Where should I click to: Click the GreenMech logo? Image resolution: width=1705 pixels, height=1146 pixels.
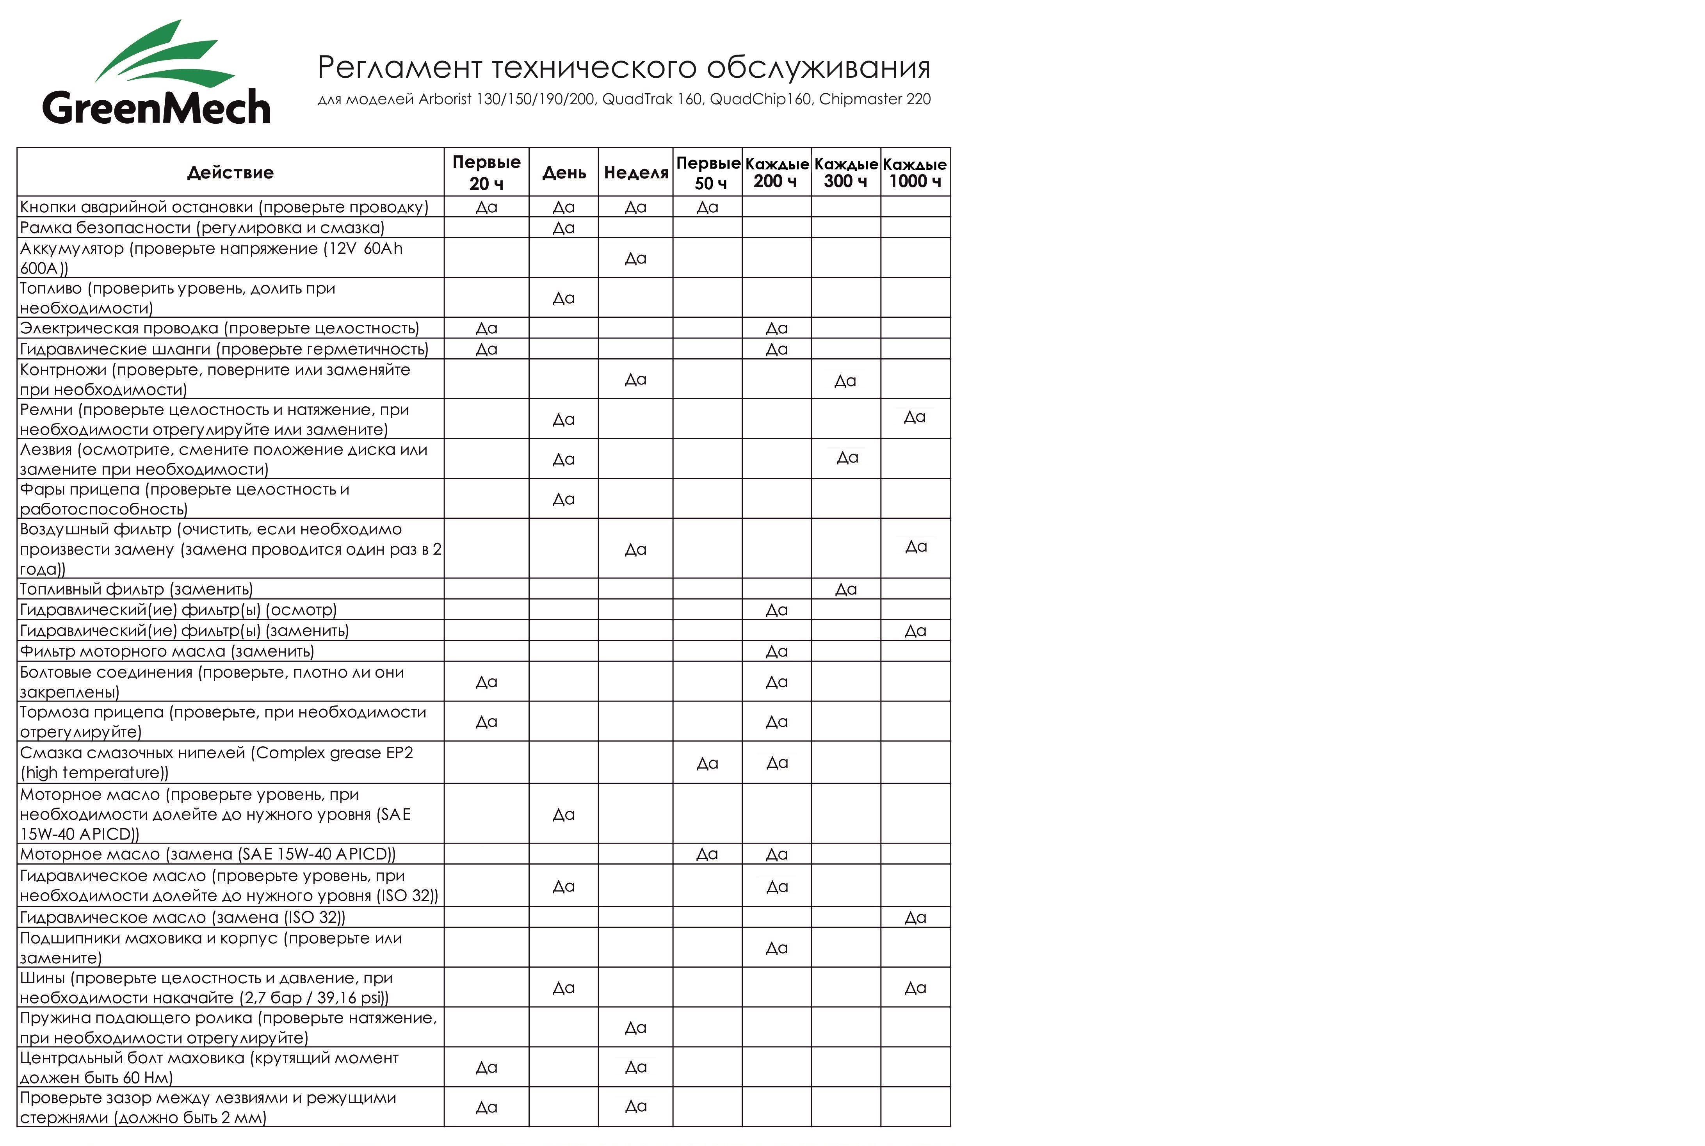157,73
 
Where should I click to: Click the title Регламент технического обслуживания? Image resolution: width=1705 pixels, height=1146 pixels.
623,67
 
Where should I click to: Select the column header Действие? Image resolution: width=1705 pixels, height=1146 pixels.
230,173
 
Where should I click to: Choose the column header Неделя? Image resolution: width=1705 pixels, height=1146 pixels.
636,173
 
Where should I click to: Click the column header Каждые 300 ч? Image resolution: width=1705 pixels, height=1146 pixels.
845,173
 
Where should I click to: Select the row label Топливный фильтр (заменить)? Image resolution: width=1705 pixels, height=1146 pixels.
136,589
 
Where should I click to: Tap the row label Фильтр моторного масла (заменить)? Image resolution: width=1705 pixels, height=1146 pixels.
167,651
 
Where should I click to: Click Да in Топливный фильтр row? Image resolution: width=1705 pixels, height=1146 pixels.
845,589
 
